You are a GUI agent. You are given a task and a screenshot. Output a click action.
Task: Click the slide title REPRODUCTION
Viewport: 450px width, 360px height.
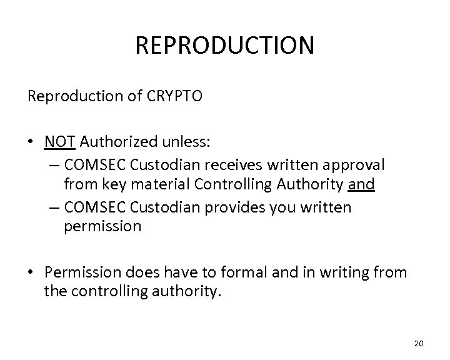(225, 46)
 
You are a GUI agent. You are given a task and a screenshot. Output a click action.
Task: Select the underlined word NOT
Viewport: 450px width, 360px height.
(60, 142)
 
